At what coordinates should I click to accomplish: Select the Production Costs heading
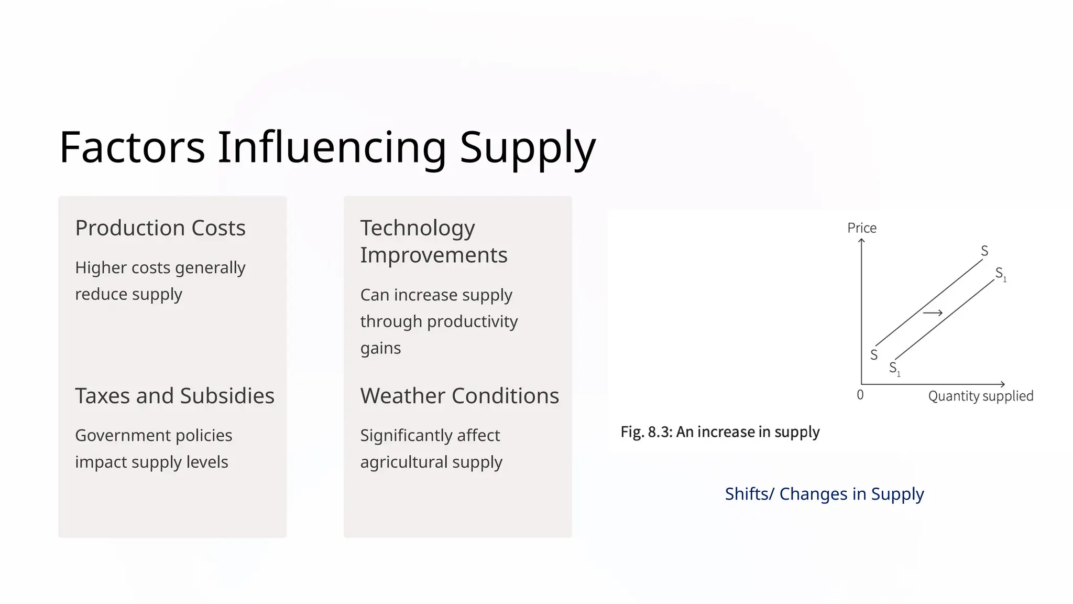(x=160, y=228)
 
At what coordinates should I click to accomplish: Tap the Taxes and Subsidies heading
(x=174, y=396)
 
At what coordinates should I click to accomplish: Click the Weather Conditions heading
(x=459, y=396)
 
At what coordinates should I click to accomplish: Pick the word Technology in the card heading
(x=418, y=228)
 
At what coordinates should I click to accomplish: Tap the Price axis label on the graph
(x=861, y=228)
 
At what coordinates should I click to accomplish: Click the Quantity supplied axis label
(x=980, y=396)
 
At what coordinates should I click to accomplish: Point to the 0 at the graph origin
(x=860, y=395)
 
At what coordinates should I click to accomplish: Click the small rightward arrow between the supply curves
(x=933, y=313)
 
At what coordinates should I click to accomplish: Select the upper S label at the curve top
(x=984, y=251)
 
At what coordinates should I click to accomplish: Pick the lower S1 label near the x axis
(x=894, y=369)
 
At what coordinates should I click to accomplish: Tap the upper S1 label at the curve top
(x=1000, y=274)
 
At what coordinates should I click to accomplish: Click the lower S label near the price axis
(x=873, y=355)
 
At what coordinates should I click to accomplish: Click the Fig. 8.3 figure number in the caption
(x=646, y=432)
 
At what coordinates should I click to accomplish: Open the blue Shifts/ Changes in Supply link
(x=824, y=494)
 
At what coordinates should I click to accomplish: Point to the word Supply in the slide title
(x=528, y=147)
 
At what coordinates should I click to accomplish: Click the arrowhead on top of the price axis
(x=861, y=241)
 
